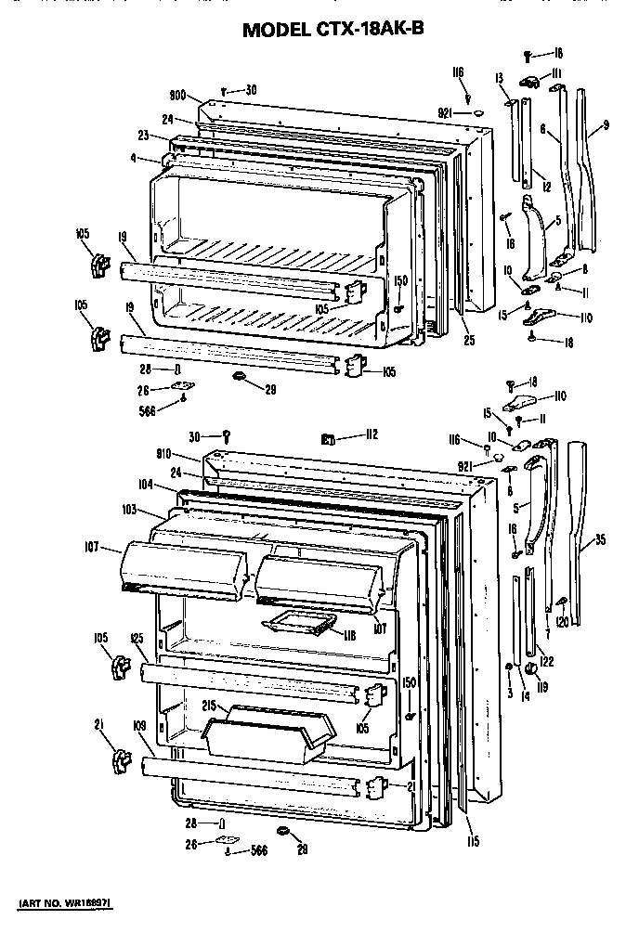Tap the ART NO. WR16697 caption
[x=70, y=902]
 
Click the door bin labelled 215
[x=265, y=732]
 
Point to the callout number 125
[x=137, y=639]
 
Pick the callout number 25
[x=469, y=341]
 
